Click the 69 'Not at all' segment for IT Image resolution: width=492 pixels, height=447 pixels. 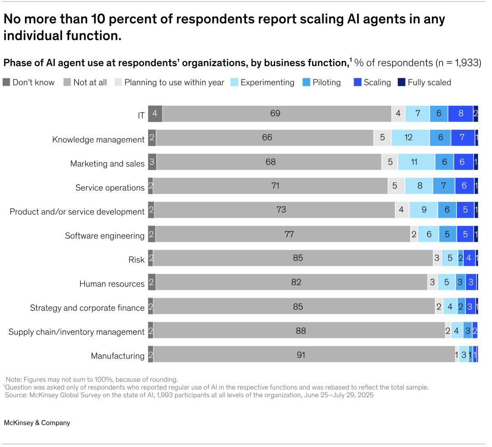point(275,113)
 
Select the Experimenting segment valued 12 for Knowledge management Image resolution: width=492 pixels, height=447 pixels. point(409,138)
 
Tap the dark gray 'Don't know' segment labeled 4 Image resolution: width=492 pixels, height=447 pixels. point(155,113)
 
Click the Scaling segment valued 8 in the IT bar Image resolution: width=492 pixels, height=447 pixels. point(461,113)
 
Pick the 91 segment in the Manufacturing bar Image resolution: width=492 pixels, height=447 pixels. point(301,354)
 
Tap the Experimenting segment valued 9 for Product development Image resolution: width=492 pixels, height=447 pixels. point(424,210)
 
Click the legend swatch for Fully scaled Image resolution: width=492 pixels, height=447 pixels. point(401,82)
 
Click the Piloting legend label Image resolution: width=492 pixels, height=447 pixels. point(327,82)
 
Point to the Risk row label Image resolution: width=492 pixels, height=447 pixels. point(136,260)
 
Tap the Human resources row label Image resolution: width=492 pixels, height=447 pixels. point(112,284)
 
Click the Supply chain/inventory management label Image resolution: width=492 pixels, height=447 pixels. point(77,332)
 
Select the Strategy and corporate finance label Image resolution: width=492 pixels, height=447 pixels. point(87,308)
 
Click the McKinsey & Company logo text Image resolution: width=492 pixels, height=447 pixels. point(37,423)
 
